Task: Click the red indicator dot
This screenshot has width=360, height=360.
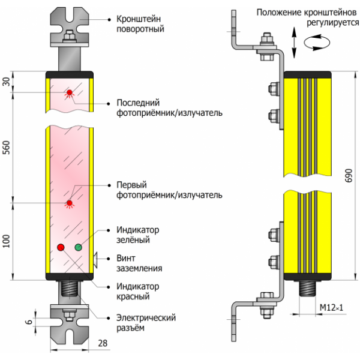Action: click(x=60, y=247)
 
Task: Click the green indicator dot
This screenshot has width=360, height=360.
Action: click(x=78, y=247)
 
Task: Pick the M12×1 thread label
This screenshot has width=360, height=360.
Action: click(x=331, y=307)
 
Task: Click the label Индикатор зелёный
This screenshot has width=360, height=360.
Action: click(x=137, y=235)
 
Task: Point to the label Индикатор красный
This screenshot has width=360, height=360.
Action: click(x=137, y=291)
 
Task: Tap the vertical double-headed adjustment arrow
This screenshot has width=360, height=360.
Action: click(x=293, y=40)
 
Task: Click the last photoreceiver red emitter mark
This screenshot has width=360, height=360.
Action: click(x=70, y=92)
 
